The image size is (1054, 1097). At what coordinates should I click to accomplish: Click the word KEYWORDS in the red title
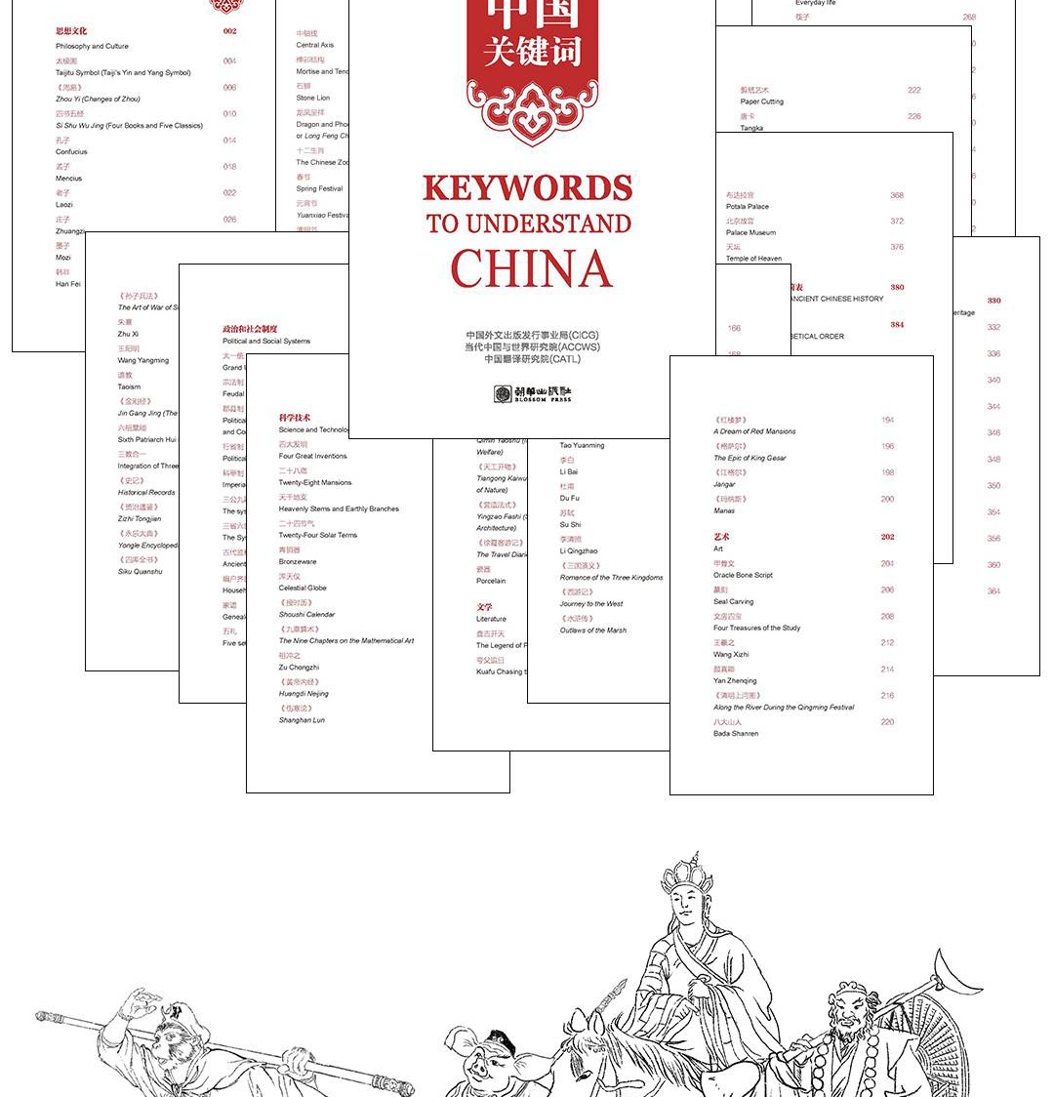[527, 187]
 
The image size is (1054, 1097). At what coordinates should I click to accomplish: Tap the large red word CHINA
[531, 268]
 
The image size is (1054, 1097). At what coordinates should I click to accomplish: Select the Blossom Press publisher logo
[532, 394]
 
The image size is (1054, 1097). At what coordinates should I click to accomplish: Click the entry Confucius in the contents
[71, 152]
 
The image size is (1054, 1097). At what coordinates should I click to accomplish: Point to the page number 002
[229, 31]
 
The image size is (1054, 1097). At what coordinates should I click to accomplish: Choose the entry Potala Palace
[747, 207]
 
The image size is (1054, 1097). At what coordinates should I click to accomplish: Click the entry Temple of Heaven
[753, 259]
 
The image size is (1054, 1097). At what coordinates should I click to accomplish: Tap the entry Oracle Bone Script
[743, 575]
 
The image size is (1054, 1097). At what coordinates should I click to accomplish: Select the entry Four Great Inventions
[312, 456]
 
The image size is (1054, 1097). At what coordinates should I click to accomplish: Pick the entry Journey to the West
[590, 603]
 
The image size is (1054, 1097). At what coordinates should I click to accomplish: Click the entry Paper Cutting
[761, 102]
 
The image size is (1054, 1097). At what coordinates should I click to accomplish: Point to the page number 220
[887, 722]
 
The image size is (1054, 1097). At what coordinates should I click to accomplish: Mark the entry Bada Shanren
[735, 733]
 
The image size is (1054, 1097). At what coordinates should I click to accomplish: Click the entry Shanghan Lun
[302, 720]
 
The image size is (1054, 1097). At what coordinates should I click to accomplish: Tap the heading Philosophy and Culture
[92, 46]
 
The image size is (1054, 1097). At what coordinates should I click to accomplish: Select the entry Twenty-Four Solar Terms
[317, 535]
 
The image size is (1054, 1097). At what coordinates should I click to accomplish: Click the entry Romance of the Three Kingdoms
[611, 577]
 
